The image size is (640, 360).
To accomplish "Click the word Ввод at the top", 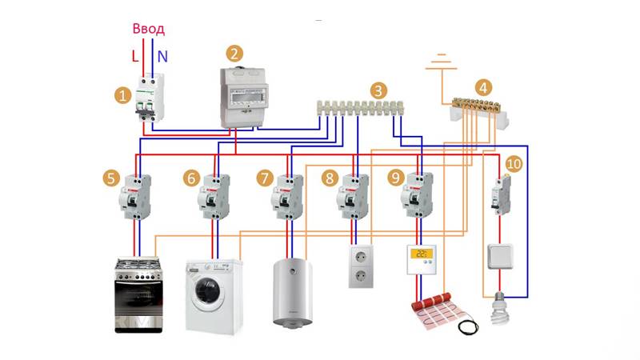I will pos(149,29).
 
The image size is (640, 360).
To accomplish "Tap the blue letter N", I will pos(162,57).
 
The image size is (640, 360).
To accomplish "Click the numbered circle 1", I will pos(122,95).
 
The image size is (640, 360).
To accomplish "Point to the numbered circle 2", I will pos(234,54).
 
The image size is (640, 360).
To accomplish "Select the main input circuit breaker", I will pos(150,98).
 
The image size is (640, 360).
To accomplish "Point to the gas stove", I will pos(139,294).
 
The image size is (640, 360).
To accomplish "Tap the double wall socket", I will pos(356,266).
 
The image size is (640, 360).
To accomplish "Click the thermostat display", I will pos(422,254).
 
